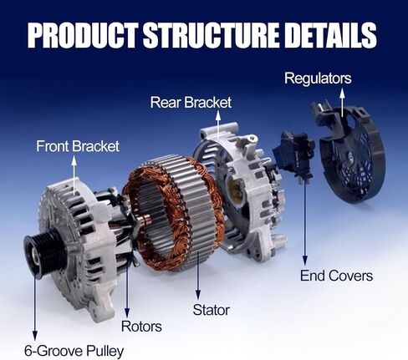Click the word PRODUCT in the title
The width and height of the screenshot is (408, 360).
pos(83,34)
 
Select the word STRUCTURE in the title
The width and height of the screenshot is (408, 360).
pos(211,34)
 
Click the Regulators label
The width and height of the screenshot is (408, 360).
pos(318,79)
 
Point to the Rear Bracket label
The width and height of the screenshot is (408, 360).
pos(191,103)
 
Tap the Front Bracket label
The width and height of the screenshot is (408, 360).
pos(78,146)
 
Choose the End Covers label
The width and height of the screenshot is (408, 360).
pos(336,276)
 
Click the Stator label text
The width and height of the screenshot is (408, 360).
pos(212,310)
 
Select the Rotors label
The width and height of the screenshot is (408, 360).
pos(141,326)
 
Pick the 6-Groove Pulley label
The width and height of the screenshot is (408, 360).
pos(74,351)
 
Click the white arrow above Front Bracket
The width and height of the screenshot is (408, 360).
pos(74,175)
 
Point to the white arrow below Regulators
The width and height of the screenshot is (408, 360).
pos(342,102)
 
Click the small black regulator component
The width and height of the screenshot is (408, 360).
pos(294,156)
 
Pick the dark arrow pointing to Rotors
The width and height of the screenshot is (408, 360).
pos(127,286)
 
